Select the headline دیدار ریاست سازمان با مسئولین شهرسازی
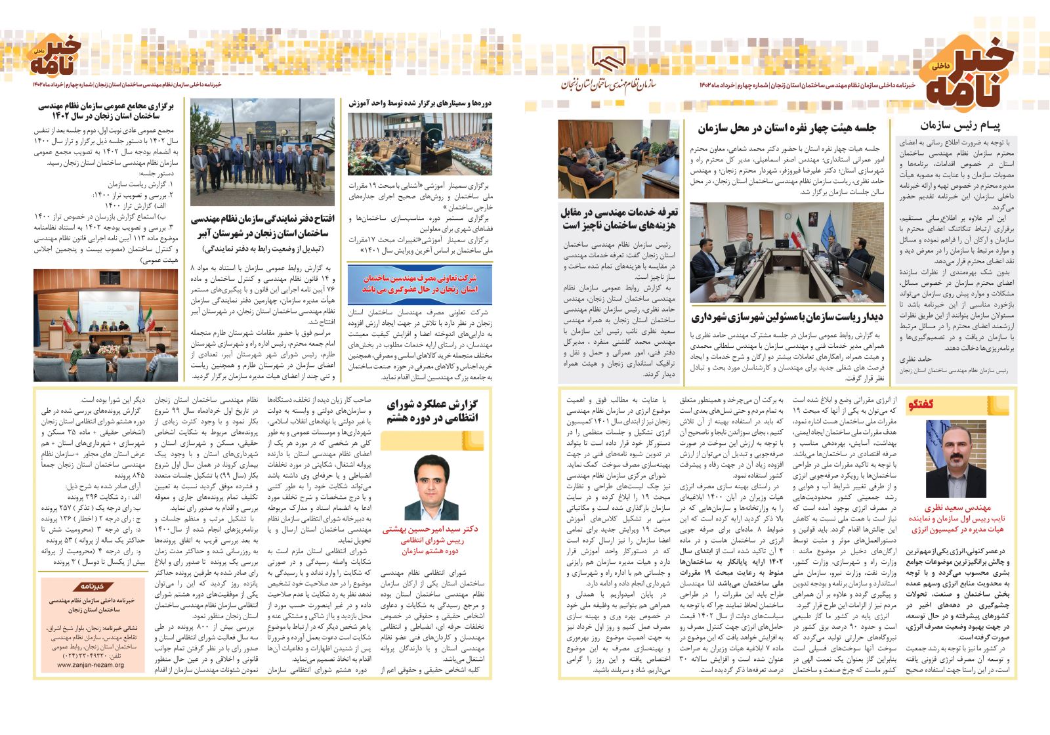787,318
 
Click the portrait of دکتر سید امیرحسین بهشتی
432,486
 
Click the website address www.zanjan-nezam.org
90,664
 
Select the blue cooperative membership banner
420,283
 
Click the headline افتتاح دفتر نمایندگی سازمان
262,226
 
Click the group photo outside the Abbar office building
262,152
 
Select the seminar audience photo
420,144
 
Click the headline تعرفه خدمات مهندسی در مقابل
619,219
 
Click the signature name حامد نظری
915,359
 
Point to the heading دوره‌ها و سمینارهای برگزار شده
420,103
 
